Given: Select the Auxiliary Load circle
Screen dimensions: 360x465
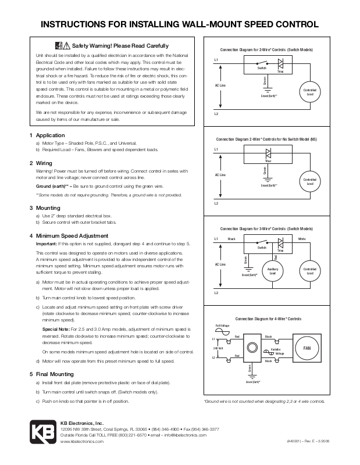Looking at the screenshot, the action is point(272,271).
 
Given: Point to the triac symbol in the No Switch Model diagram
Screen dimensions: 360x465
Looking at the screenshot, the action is point(269,154).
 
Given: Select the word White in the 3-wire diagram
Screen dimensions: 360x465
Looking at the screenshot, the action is point(302,239).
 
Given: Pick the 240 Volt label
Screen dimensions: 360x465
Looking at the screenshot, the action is point(219,348).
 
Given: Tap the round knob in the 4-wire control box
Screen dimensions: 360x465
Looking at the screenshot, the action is point(252,348).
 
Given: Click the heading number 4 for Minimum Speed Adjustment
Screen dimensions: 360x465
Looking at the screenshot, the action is point(31,236).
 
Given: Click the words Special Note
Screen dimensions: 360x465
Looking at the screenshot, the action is point(57,329).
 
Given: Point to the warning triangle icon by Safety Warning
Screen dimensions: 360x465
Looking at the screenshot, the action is point(67,45).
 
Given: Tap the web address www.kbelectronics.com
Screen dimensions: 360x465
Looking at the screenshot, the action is point(82,442).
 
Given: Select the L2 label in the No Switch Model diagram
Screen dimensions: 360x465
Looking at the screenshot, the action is point(216,203).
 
